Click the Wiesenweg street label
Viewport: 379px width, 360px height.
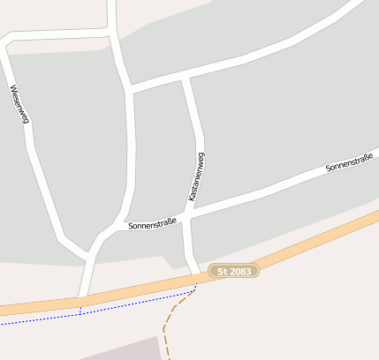[19, 104]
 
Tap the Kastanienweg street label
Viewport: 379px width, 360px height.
[197, 176]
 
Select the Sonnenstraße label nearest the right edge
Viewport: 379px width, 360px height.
[348, 161]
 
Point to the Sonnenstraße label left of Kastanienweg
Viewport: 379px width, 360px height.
[152, 224]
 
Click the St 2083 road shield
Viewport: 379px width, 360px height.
[234, 271]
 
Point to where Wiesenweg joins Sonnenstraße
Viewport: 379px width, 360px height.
[89, 253]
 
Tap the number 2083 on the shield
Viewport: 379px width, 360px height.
[240, 271]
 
